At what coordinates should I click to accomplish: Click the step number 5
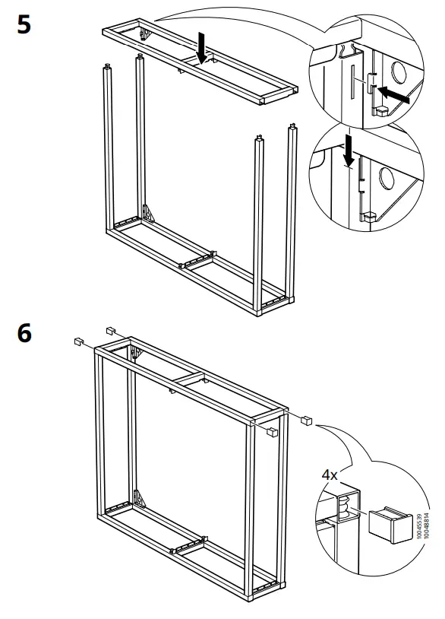tap(24, 24)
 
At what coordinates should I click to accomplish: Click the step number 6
tap(24, 333)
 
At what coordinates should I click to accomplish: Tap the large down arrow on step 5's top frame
tap(201, 48)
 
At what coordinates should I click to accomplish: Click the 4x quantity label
tap(330, 475)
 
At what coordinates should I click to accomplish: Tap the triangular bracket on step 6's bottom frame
tap(137, 499)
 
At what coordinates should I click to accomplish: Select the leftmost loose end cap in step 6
tap(77, 341)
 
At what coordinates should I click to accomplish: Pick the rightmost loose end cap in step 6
tap(308, 419)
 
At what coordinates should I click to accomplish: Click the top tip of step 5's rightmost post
tap(291, 125)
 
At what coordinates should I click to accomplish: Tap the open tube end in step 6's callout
tap(345, 506)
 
